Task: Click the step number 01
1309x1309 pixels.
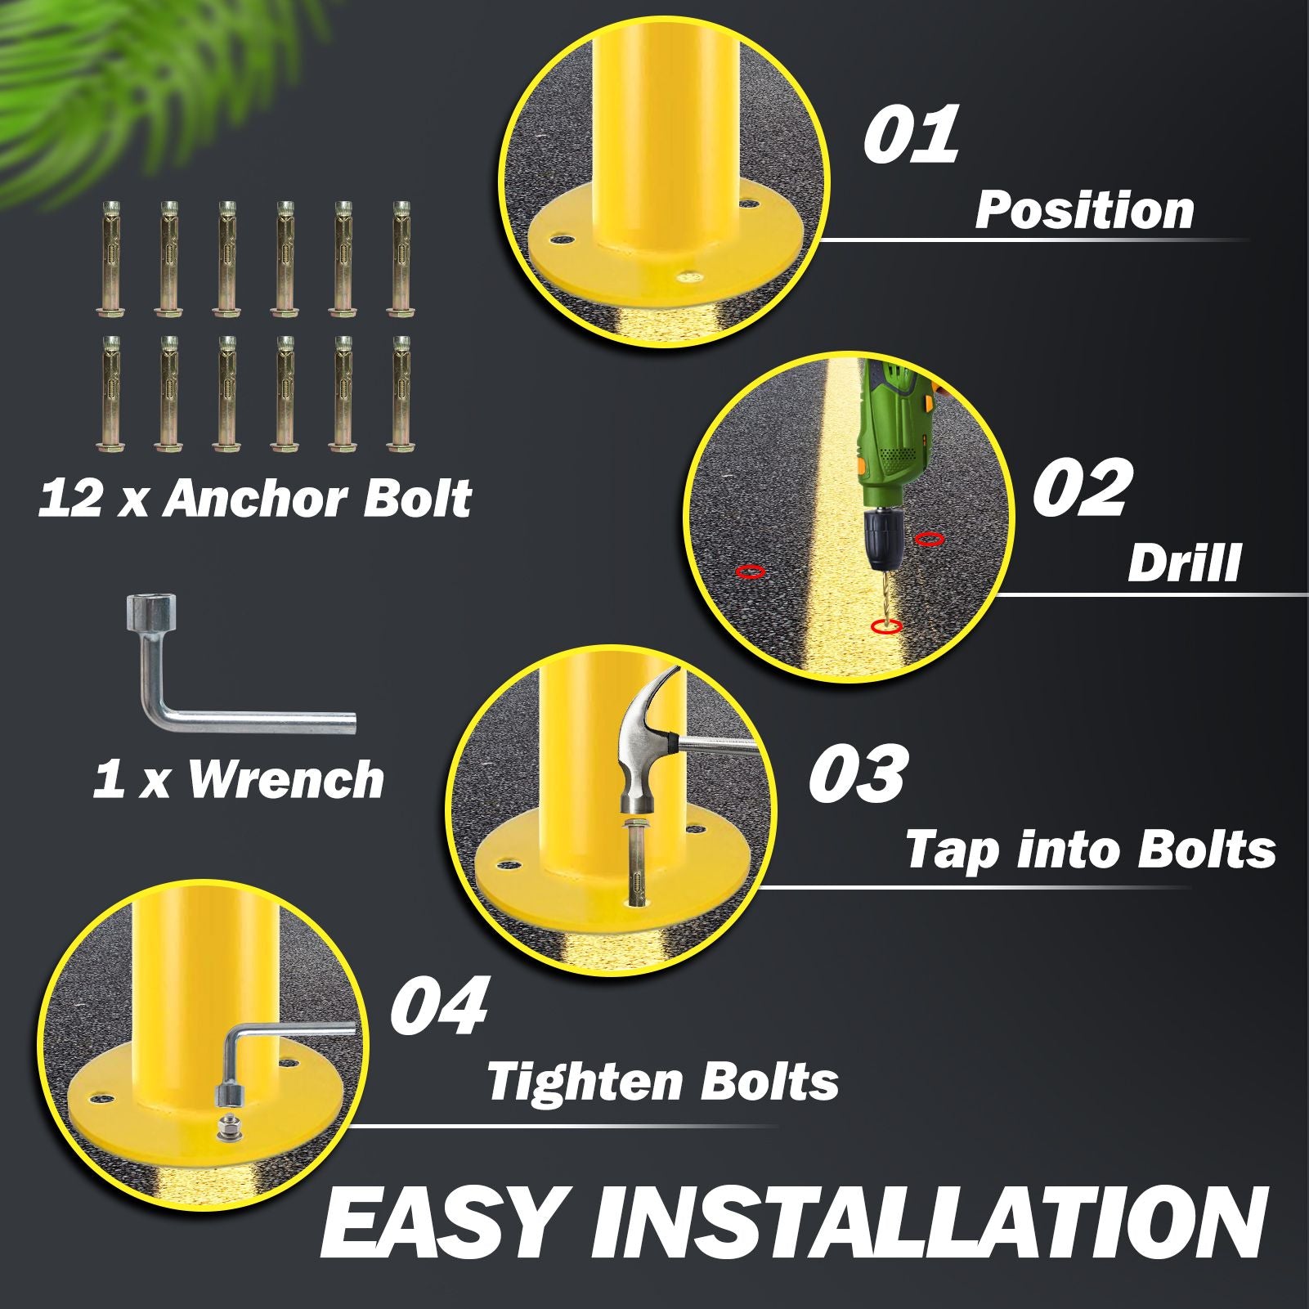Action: pyautogui.click(x=911, y=133)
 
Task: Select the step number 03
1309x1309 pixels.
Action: pyautogui.click(x=857, y=773)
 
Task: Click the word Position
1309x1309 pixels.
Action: pyautogui.click(x=1084, y=210)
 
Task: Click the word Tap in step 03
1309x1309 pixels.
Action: pyautogui.click(x=952, y=851)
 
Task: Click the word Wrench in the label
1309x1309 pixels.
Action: pyautogui.click(x=286, y=779)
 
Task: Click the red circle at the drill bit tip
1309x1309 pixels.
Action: pyautogui.click(x=885, y=626)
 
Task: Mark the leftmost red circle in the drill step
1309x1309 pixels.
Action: pyautogui.click(x=751, y=572)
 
